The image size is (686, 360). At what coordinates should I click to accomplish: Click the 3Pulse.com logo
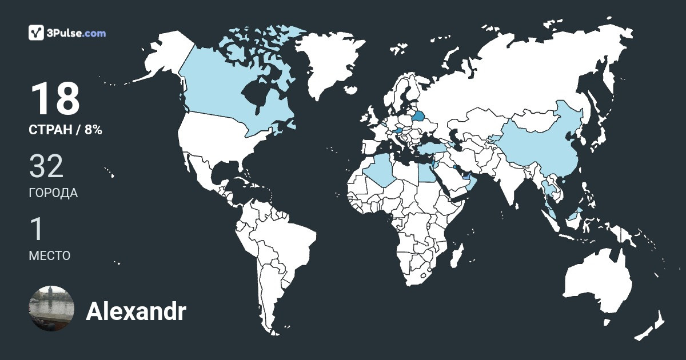click(67, 33)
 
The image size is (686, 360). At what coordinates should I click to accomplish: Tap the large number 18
click(55, 99)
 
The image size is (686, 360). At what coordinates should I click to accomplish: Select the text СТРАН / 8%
click(65, 130)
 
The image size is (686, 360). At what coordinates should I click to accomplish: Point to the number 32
click(46, 166)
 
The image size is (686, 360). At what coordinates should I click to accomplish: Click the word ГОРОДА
click(53, 193)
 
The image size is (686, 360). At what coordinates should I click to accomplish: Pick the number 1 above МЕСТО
click(37, 229)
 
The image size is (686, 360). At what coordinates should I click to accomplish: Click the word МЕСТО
click(50, 255)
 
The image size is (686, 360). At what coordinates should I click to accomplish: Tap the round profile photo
click(51, 309)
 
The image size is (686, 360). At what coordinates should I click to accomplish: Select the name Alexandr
click(135, 312)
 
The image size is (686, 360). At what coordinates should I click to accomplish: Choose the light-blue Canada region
click(217, 86)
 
